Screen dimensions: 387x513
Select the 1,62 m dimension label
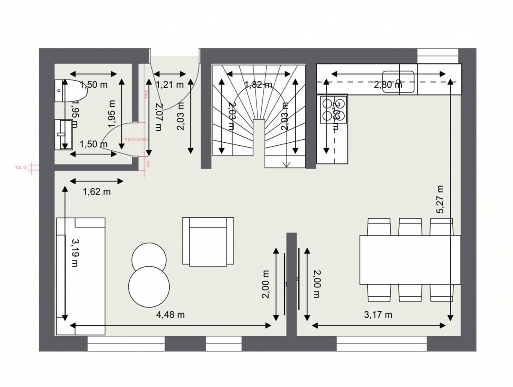[97, 192]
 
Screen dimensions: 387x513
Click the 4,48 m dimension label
[171, 315]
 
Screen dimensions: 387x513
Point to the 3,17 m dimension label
[378, 315]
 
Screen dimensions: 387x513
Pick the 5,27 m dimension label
[441, 199]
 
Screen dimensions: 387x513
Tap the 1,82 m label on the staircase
[258, 85]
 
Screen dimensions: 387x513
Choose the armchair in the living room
[208, 241]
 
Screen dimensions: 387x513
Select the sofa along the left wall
[80, 276]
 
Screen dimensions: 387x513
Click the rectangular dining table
[410, 260]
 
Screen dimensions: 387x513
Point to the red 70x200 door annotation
[135, 139]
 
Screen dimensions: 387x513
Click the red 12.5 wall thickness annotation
[21, 167]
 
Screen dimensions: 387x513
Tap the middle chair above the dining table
[410, 227]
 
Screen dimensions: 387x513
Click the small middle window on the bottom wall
[224, 343]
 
